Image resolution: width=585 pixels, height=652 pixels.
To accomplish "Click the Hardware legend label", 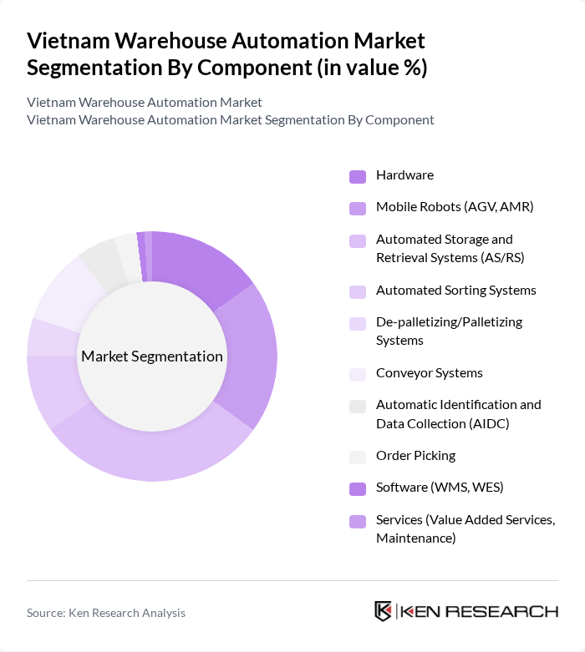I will tap(404, 175).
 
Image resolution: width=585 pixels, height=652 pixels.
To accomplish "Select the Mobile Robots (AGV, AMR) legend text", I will tap(455, 207).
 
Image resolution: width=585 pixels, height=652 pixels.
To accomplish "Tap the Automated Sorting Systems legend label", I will tap(455, 291).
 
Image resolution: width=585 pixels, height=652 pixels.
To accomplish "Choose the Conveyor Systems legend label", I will tap(429, 373).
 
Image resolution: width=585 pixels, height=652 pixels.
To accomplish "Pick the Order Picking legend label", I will tap(415, 456).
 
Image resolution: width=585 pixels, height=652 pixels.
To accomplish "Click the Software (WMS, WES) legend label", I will tap(440, 488).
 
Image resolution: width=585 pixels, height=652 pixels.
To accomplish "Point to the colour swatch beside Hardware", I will tap(358, 176).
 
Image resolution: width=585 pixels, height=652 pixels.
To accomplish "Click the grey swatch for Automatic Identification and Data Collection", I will tap(358, 406).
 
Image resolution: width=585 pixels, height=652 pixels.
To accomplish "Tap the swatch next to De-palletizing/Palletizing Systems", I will tap(358, 323).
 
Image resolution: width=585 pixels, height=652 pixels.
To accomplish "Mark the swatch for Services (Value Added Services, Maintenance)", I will tap(358, 521).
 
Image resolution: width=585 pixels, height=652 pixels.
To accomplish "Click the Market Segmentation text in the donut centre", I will tap(152, 356).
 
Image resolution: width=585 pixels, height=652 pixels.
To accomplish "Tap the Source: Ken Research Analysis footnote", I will tap(106, 613).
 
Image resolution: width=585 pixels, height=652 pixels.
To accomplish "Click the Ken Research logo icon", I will tap(383, 611).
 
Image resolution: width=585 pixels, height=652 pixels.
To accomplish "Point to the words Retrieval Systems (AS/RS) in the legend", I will tap(450, 258).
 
